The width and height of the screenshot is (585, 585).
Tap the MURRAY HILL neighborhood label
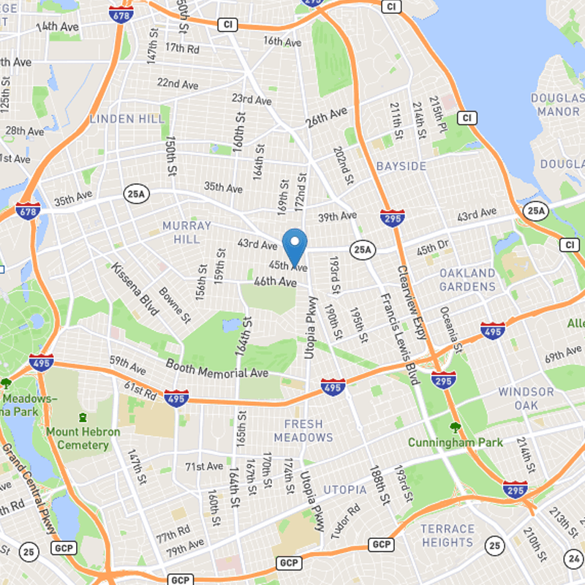186,233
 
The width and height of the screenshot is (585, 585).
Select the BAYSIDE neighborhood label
401,167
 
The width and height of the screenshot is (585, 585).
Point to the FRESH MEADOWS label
303,431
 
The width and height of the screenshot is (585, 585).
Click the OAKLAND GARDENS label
467,279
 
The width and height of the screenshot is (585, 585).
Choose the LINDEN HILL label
121,118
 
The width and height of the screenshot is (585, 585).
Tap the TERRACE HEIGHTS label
447,535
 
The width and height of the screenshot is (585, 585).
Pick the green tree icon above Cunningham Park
456,428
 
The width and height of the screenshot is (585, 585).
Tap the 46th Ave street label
275,282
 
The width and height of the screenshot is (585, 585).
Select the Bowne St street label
175,305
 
